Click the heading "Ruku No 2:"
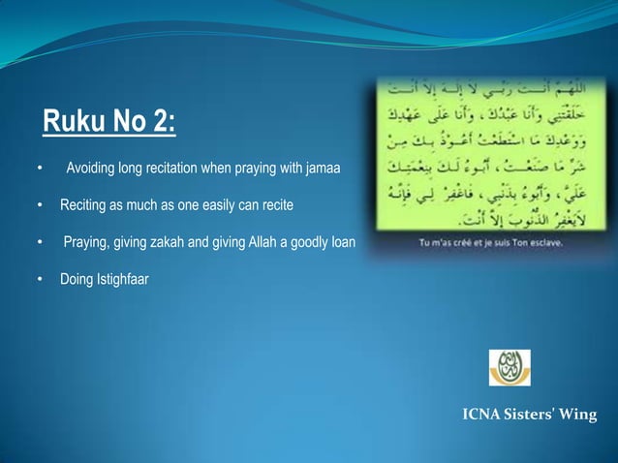coord(109,124)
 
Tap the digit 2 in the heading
coord(160,124)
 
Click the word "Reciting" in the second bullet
coord(84,206)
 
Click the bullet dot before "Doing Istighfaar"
coord(39,282)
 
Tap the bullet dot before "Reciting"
coord(39,206)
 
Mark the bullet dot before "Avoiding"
coord(39,172)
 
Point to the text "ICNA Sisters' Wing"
coord(530,417)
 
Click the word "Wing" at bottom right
coord(578,417)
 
